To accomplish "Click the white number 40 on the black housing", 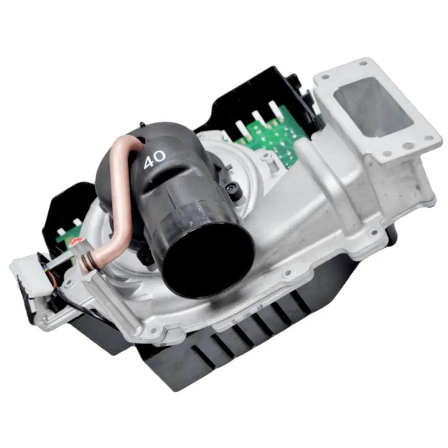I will tap(155, 159).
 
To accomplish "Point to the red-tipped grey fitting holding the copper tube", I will tap(77, 245).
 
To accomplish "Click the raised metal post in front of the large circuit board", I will tap(267, 156).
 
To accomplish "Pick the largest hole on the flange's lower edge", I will tap(408, 146).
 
